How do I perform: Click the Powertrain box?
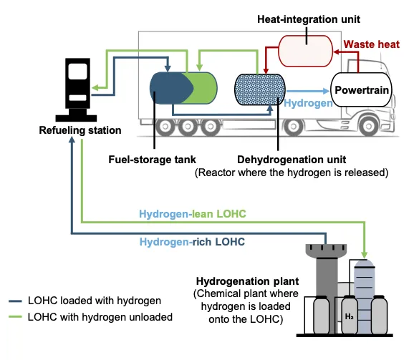(361, 89)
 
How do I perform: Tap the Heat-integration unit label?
(309, 19)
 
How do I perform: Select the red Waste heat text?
(372, 44)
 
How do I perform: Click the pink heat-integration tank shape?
(305, 51)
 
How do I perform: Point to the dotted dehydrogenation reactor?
(260, 89)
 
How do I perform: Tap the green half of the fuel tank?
(203, 88)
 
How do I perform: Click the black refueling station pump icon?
(77, 89)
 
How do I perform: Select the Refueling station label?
(80, 130)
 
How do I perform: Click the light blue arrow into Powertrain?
(308, 92)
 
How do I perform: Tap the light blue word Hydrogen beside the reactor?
(308, 103)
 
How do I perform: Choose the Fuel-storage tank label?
(152, 160)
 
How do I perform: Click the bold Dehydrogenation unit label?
(292, 160)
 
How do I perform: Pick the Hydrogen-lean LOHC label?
(193, 214)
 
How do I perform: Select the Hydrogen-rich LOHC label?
(192, 242)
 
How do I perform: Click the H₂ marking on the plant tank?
(349, 316)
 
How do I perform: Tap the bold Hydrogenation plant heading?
(247, 281)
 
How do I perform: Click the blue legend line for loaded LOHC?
(15, 301)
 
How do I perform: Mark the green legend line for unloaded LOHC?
(15, 317)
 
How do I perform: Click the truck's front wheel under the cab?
(368, 126)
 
